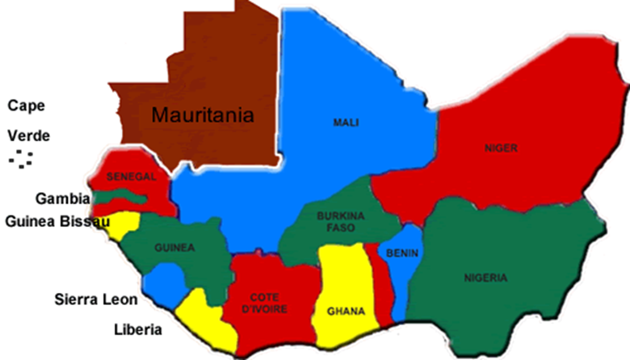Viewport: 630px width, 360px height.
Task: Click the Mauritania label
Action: pyautogui.click(x=204, y=115)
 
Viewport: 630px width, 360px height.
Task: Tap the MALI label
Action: pyautogui.click(x=346, y=123)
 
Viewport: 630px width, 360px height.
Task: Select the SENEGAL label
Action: pyautogui.click(x=130, y=176)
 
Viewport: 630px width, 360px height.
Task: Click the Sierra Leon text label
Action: pyautogui.click(x=96, y=299)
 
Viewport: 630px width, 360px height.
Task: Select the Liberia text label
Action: pyautogui.click(x=137, y=329)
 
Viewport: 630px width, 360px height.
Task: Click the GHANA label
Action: pyautogui.click(x=346, y=311)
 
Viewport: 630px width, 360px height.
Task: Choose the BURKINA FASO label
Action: pyautogui.click(x=330, y=221)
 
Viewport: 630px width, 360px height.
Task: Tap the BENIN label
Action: pyautogui.click(x=401, y=253)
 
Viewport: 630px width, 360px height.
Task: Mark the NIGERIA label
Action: pyautogui.click(x=486, y=278)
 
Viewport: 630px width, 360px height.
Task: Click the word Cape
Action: pyautogui.click(x=26, y=105)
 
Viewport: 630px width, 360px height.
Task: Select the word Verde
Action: pyautogui.click(x=28, y=135)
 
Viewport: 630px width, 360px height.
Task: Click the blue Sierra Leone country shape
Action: pyautogui.click(x=164, y=283)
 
